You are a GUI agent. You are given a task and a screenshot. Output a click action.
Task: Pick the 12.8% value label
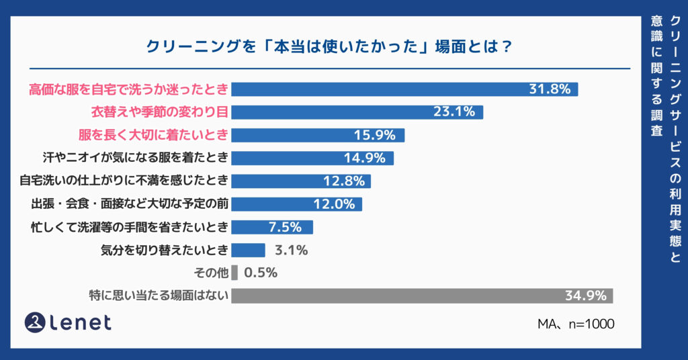(x=343, y=181)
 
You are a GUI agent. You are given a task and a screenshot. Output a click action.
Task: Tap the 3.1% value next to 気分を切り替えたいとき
(x=291, y=251)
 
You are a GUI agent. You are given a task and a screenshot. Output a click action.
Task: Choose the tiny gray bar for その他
(x=234, y=273)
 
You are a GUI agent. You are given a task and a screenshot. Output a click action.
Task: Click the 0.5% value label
(x=261, y=273)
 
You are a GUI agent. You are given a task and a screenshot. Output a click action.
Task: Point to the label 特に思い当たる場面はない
(x=159, y=296)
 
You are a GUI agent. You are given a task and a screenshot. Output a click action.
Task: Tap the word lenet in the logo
(x=81, y=323)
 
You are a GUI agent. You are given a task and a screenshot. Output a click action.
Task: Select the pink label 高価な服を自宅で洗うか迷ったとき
(x=128, y=89)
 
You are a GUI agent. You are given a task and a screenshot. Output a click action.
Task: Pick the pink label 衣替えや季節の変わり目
(x=160, y=112)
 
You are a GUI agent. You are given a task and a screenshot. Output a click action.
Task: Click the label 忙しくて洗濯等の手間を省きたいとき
(x=130, y=227)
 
